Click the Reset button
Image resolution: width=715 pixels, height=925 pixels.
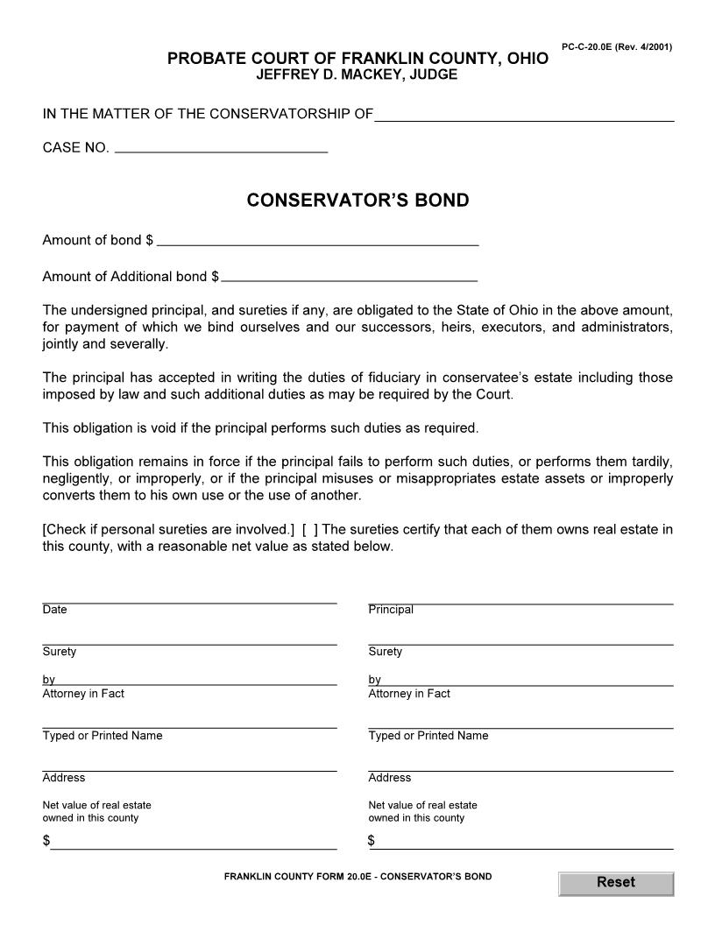pos(615,883)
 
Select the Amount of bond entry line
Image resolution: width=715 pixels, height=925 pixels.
pos(317,239)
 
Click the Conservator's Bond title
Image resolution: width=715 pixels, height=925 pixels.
pos(357,201)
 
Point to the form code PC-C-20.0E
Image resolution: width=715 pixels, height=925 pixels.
pos(616,46)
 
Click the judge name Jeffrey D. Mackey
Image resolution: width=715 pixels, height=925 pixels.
pos(357,75)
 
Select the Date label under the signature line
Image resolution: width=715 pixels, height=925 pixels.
pos(54,610)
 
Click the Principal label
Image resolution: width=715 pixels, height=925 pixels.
pos(391,610)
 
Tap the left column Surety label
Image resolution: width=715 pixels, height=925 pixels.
pos(60,652)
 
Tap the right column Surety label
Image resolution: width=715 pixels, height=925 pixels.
pos(386,652)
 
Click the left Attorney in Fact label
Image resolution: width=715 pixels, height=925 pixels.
pos(83,694)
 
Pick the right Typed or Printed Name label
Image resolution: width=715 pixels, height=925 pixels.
pos(428,736)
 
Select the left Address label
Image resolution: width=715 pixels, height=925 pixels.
pos(64,778)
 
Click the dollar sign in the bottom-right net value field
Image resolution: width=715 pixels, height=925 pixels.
pos(372,841)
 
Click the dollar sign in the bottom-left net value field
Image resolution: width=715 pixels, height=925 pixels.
pos(46,841)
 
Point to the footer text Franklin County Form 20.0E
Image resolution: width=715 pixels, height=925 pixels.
pos(357,876)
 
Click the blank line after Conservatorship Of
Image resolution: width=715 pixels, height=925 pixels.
pos(524,115)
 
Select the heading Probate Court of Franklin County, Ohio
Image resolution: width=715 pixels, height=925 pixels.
pos(357,59)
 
